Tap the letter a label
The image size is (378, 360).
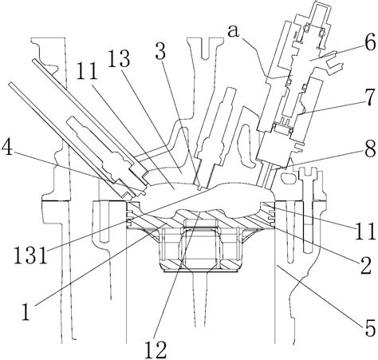point(234,31)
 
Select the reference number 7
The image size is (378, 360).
point(370,97)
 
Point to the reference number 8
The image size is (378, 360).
point(370,148)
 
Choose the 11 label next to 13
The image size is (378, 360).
point(87,70)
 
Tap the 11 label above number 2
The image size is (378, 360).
point(364,231)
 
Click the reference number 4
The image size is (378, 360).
point(7,148)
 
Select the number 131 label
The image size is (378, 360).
point(30,255)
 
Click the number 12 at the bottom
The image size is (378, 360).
point(156,349)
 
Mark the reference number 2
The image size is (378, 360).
point(365,266)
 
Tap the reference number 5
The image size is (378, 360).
point(370,328)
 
